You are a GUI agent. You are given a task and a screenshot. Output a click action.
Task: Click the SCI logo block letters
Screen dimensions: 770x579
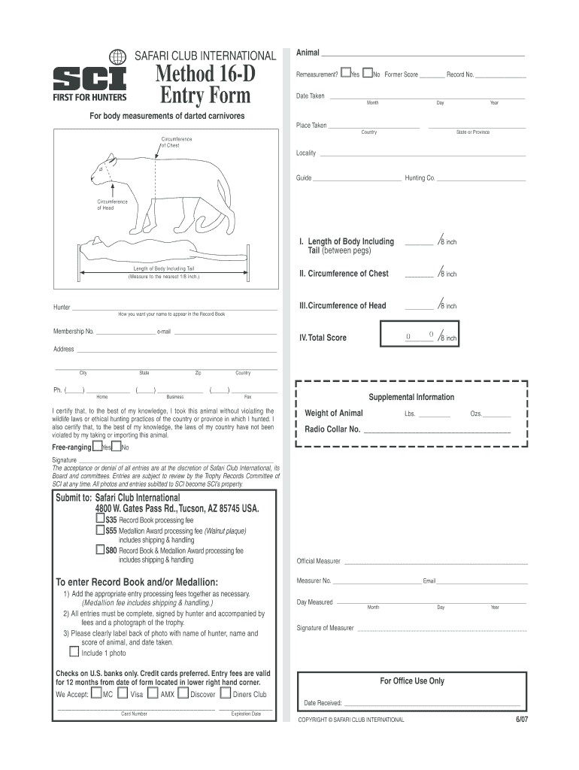(x=89, y=78)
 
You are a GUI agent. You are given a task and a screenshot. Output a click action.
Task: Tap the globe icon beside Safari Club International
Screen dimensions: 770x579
(x=117, y=56)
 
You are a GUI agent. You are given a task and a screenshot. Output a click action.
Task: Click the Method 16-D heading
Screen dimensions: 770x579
(x=205, y=74)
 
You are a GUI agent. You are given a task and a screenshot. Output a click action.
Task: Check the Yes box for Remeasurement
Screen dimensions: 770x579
(x=345, y=74)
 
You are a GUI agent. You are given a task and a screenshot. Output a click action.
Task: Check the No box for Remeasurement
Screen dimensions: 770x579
(x=368, y=74)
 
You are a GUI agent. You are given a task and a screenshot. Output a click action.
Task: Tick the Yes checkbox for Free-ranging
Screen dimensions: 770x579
(x=98, y=447)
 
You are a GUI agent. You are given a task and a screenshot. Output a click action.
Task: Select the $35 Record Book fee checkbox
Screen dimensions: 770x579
(x=100, y=519)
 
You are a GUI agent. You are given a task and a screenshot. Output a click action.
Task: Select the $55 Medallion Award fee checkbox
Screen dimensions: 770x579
(x=100, y=529)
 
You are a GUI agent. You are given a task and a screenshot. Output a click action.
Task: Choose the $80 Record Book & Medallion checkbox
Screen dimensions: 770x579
(x=100, y=549)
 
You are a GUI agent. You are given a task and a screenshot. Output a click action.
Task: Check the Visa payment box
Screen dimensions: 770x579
(x=123, y=693)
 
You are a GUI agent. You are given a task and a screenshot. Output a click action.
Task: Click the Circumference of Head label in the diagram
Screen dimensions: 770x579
(x=113, y=205)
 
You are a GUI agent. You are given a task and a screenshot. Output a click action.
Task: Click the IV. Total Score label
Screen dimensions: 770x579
(x=323, y=338)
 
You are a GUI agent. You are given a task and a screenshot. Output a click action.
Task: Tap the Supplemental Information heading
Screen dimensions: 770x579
(x=411, y=397)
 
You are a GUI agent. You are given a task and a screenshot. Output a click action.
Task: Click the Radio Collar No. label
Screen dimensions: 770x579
(x=332, y=429)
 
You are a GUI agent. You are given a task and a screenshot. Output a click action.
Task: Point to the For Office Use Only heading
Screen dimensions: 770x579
(x=411, y=681)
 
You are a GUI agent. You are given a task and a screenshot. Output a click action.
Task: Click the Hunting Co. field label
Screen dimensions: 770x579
(x=420, y=178)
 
